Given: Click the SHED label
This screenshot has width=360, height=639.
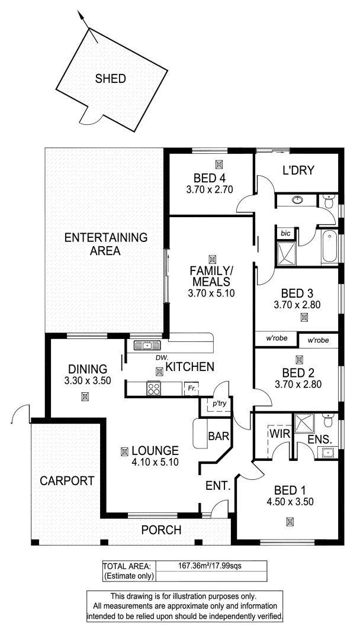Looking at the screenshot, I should pyautogui.click(x=110, y=79).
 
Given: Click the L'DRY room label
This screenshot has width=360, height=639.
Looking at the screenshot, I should pyautogui.click(x=297, y=170).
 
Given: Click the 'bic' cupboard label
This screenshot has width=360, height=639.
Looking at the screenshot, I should pyautogui.click(x=285, y=233).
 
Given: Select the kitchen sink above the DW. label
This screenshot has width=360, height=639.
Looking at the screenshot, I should pyautogui.click(x=144, y=346).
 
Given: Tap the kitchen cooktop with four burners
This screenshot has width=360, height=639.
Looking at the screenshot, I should pyautogui.click(x=153, y=389).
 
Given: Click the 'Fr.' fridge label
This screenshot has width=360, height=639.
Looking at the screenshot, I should pyautogui.click(x=190, y=389).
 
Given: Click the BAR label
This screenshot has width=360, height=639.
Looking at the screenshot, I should pyautogui.click(x=215, y=437).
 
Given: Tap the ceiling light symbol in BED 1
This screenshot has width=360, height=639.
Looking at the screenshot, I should pyautogui.click(x=290, y=521).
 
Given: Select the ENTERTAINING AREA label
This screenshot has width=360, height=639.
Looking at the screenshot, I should pyautogui.click(x=105, y=244).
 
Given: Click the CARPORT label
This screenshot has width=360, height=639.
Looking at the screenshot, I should pyautogui.click(x=67, y=481).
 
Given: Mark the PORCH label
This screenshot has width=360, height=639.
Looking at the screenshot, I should pyautogui.click(x=160, y=530).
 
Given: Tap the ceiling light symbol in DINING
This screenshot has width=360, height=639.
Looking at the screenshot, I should pyautogui.click(x=85, y=396).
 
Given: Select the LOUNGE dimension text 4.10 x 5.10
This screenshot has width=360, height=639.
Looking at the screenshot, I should pyautogui.click(x=155, y=463).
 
